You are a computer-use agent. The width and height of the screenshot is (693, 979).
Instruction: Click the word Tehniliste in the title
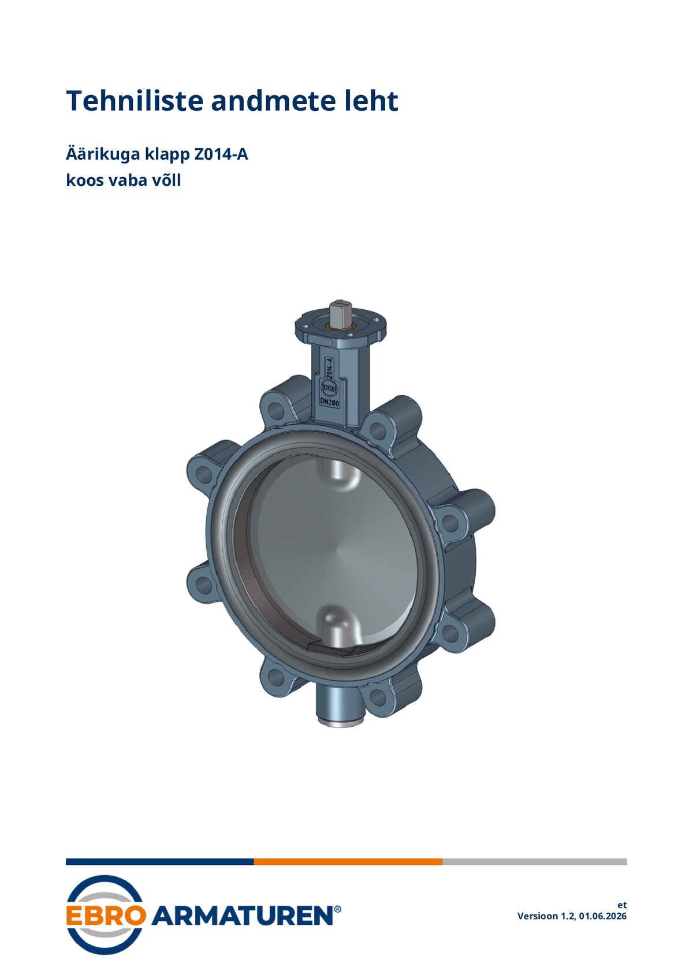pos(135,101)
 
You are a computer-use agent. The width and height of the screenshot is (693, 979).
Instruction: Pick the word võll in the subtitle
pos(166,180)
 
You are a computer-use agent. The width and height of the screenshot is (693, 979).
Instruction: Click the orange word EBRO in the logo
pos(106,916)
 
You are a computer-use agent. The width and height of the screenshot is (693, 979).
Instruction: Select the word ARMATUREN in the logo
pos(241,916)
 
